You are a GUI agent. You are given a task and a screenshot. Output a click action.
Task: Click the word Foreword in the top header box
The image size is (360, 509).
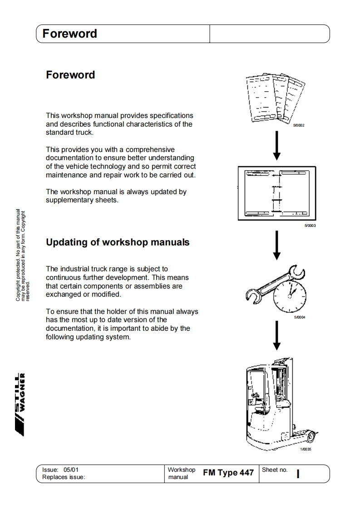pos(69,34)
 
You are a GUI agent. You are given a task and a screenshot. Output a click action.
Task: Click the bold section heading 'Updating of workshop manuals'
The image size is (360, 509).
pos(118,242)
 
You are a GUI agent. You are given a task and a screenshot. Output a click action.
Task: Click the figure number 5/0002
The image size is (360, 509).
pos(299,125)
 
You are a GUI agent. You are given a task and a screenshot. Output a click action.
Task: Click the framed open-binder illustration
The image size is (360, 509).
pos(276,193)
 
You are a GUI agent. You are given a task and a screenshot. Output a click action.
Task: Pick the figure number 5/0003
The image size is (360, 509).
pos(310,225)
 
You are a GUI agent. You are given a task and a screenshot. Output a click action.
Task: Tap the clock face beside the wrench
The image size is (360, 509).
pos(289,295)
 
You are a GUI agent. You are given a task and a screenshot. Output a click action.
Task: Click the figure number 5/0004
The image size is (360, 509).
pos(300,318)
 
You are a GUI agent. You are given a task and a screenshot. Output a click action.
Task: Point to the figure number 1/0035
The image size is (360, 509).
pos(306,450)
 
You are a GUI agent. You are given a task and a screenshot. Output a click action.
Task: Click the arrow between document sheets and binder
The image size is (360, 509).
pos(277,146)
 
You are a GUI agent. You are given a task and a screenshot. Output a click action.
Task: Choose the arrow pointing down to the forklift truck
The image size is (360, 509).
pos(277,336)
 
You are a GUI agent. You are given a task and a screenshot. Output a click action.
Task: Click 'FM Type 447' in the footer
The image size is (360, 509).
pos(228,473)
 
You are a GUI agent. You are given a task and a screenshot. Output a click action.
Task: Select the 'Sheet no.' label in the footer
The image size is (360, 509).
pos(275,470)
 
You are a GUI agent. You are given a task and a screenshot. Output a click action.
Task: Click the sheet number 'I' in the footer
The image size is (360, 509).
pos(298,474)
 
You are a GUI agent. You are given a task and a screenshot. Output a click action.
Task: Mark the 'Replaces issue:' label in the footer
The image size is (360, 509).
pos(64,477)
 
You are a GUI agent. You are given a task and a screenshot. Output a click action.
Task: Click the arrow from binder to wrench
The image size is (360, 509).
pos(277,245)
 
